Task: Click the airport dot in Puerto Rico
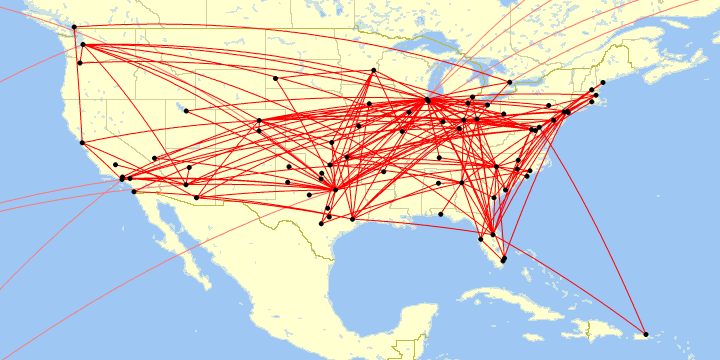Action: (x=646, y=333)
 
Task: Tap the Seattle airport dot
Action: (x=82, y=44)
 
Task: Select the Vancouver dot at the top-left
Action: (x=74, y=27)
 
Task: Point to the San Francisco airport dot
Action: (x=82, y=142)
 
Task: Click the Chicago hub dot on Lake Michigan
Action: (x=428, y=100)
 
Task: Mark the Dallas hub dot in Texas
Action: (x=334, y=188)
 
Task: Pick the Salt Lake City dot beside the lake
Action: (x=185, y=110)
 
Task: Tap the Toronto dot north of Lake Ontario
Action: (x=510, y=82)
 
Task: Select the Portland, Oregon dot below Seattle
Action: (x=79, y=63)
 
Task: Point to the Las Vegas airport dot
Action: (x=154, y=157)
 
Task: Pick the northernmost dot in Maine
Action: (x=603, y=82)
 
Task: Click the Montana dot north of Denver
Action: (x=274, y=78)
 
